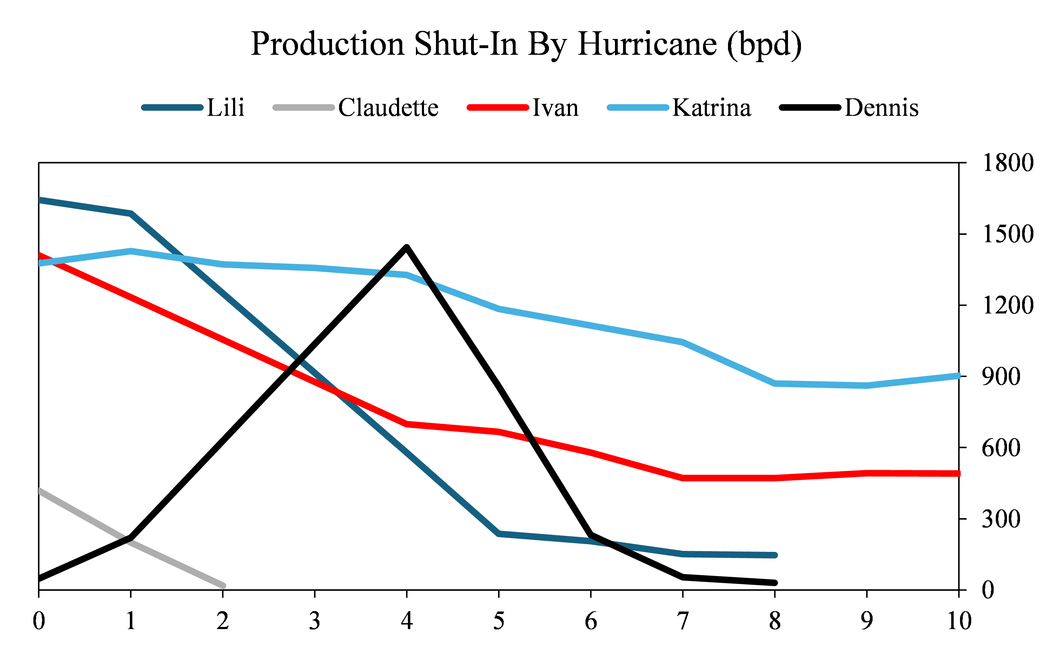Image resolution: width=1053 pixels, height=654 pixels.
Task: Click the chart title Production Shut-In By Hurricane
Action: coord(526,45)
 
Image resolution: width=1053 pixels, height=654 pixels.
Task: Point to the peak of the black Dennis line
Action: coord(406,247)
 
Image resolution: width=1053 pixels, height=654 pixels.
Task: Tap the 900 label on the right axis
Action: coord(1001,377)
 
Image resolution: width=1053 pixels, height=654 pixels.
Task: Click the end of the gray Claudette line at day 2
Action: coord(223,586)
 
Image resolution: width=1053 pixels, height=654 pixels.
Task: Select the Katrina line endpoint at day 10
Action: coord(958,376)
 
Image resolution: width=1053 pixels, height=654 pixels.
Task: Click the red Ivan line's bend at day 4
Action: coord(407,424)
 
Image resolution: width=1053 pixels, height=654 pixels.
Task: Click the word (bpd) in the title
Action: coord(764,45)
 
